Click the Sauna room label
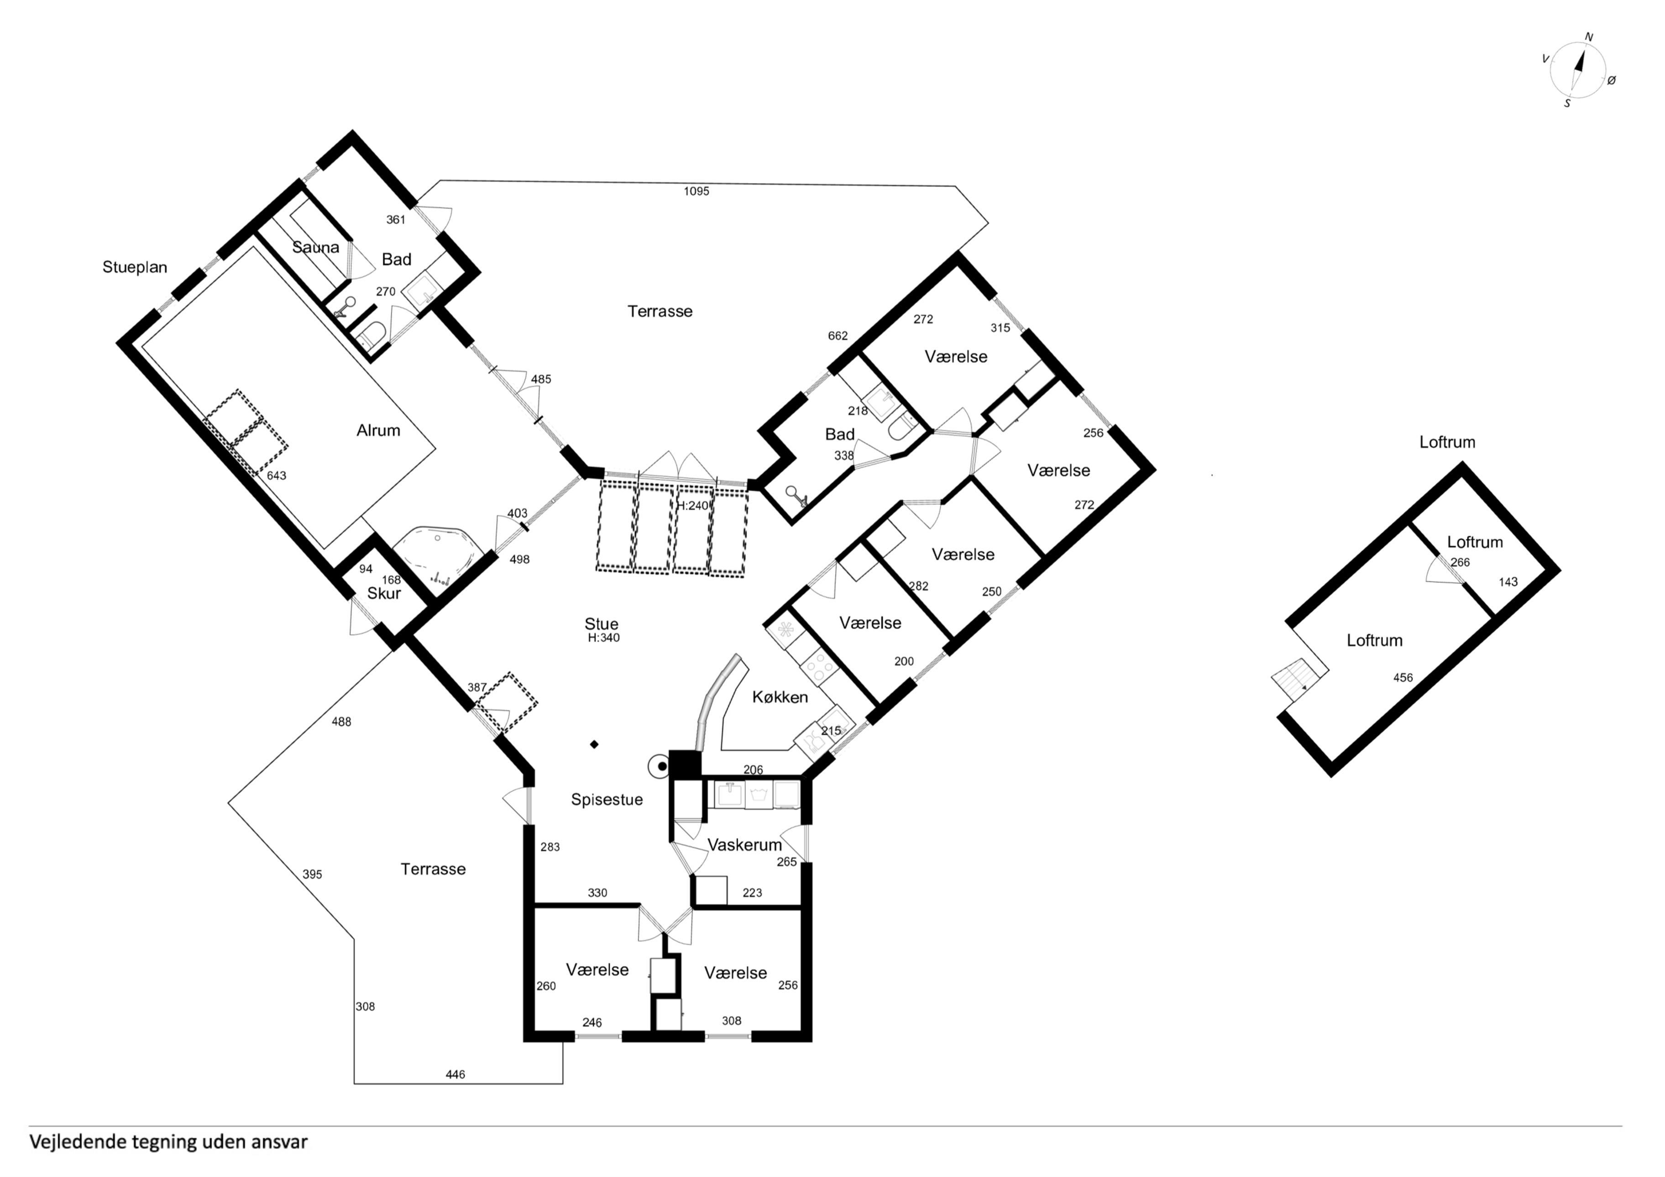[x=315, y=247]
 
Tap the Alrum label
[x=378, y=430]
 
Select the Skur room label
[x=384, y=593]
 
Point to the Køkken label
[x=780, y=697]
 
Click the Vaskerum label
[x=745, y=845]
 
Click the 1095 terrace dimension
[x=696, y=192]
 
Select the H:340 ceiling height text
[x=603, y=638]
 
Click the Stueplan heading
[x=135, y=267]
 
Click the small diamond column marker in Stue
[x=594, y=744]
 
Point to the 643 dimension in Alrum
[x=276, y=476]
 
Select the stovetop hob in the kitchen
[x=819, y=666]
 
